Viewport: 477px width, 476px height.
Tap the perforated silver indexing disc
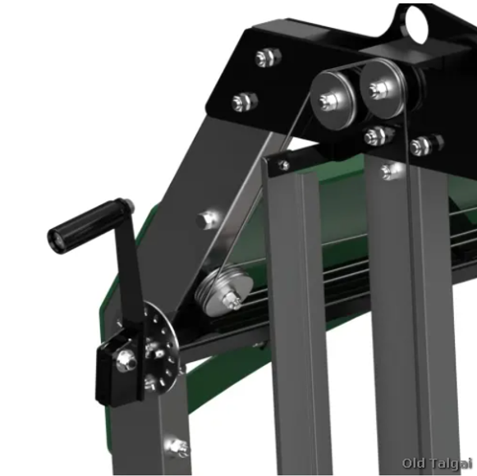click(x=162, y=345)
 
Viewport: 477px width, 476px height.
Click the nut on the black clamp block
click(x=126, y=359)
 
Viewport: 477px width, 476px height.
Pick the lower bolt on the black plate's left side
click(x=244, y=102)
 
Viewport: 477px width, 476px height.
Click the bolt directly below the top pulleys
click(x=376, y=135)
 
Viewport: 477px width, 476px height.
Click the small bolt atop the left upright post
click(x=283, y=165)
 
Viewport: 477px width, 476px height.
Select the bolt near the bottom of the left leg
click(x=176, y=446)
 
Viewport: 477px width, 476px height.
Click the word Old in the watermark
click(x=414, y=465)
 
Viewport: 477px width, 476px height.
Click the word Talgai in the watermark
click(x=450, y=465)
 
